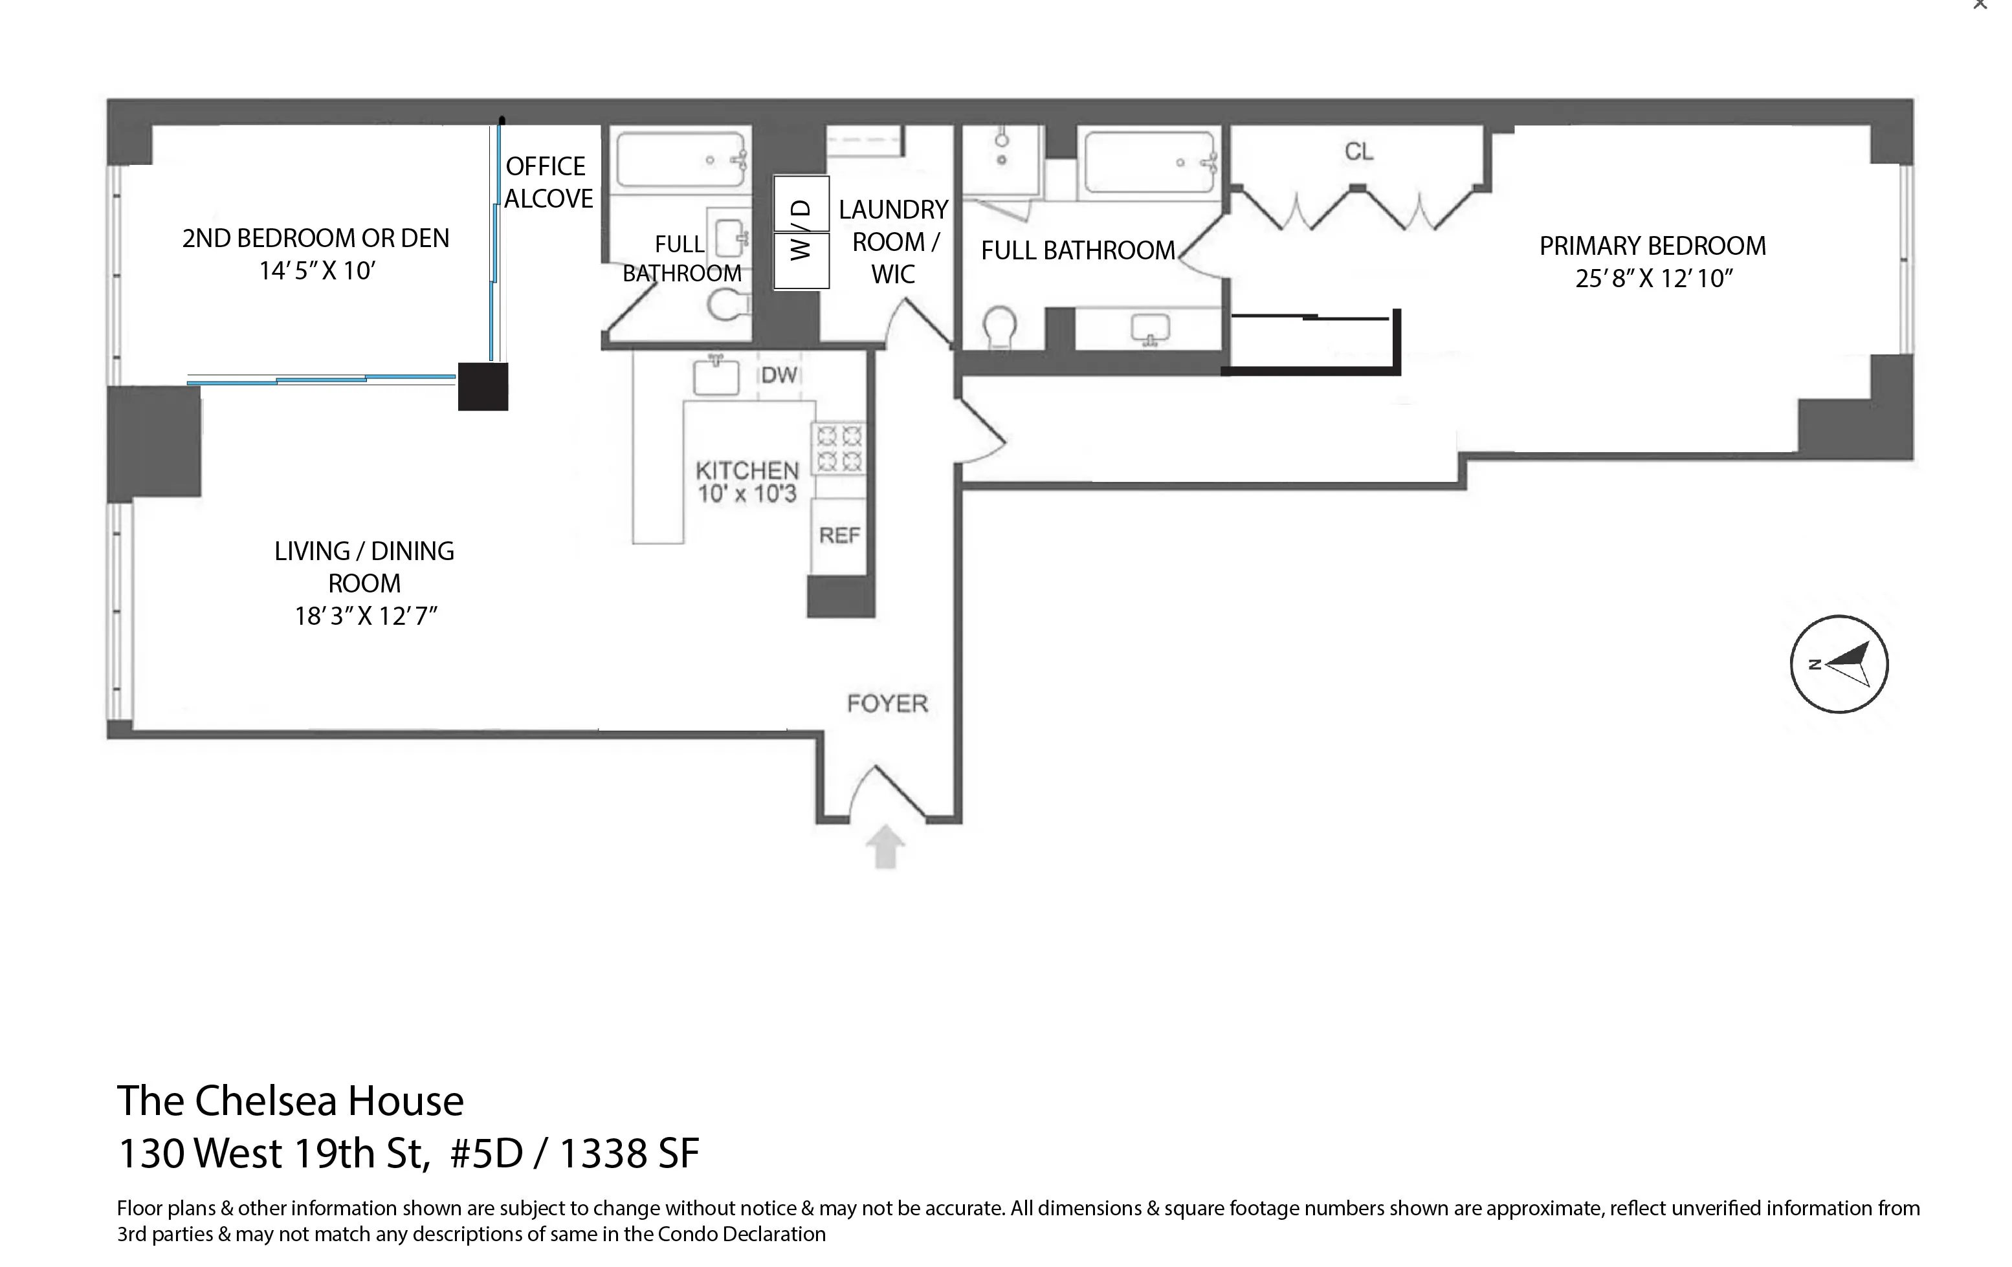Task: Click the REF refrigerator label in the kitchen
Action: [839, 536]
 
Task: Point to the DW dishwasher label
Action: [779, 375]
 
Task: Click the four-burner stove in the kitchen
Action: [839, 448]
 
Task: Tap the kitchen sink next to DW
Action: [716, 376]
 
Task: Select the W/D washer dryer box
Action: [801, 232]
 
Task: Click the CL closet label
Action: [1358, 151]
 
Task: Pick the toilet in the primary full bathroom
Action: [999, 327]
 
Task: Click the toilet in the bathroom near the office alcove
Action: [727, 305]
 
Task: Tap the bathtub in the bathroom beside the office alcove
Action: [681, 160]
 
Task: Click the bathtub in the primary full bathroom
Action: [1149, 162]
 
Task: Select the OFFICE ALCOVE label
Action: [548, 182]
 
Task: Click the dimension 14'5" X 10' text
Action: [316, 270]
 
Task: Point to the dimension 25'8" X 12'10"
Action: [1653, 278]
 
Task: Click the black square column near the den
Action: [483, 387]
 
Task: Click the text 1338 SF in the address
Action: [628, 1153]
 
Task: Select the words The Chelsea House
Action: [290, 1101]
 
